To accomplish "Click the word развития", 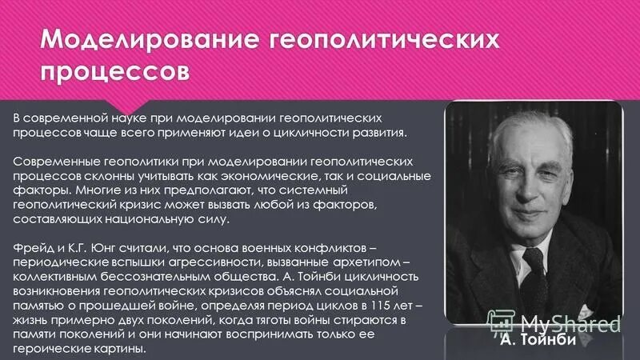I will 361,132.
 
